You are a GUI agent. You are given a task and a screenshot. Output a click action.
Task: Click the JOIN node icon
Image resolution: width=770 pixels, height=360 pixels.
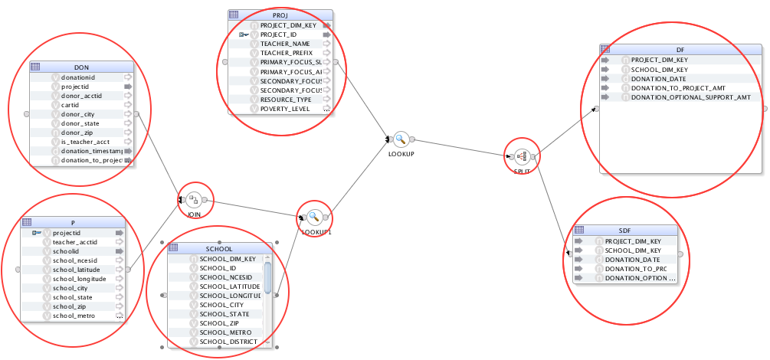tap(194, 200)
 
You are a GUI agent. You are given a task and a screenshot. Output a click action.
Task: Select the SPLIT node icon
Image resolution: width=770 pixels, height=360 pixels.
tap(522, 156)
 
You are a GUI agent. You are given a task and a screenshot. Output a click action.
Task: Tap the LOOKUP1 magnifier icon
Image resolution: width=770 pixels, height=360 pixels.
tap(313, 217)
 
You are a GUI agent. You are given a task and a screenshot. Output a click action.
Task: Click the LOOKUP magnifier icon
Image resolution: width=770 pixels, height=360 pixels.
tap(400, 139)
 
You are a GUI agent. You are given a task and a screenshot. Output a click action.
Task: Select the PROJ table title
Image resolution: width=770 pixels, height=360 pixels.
tap(280, 15)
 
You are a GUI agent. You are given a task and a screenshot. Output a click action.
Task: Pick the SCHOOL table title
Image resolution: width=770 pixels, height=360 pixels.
tap(219, 249)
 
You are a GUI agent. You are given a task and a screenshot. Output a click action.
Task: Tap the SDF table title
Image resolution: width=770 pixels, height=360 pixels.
tap(624, 231)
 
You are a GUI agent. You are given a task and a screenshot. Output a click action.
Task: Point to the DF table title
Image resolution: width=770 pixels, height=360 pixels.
tap(680, 49)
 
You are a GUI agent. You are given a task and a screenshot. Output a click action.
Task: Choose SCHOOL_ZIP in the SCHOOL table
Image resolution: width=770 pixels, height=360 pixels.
tap(218, 323)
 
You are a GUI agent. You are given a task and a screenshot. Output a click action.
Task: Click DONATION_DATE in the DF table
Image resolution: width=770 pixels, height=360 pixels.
tap(658, 79)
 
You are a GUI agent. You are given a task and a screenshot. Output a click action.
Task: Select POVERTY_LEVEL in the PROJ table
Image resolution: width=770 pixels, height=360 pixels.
tap(285, 109)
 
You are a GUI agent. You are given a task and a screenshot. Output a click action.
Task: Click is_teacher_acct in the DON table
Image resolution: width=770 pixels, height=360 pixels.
tap(85, 142)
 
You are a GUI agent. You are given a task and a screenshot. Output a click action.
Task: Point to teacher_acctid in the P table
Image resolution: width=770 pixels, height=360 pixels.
tap(75, 242)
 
